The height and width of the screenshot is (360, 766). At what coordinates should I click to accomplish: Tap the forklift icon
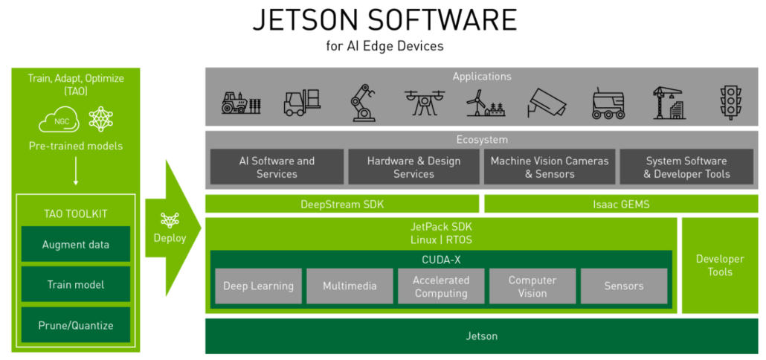[302, 103]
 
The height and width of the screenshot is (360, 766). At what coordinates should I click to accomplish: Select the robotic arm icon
[362, 103]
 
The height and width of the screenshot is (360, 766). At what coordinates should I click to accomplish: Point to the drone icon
[422, 103]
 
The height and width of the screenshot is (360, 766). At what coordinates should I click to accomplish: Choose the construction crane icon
[667, 103]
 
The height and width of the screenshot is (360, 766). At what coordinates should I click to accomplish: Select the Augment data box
[75, 245]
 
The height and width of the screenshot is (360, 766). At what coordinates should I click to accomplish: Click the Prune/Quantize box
[75, 325]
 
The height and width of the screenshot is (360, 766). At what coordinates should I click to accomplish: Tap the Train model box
[75, 285]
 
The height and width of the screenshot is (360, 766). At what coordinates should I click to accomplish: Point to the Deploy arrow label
[170, 238]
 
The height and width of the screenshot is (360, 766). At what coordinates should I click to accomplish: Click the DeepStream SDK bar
[342, 204]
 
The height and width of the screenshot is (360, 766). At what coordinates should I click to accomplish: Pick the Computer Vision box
[532, 286]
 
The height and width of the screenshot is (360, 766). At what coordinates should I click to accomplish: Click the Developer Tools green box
[719, 266]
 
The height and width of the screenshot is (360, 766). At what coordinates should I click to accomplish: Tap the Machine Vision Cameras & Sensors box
[550, 167]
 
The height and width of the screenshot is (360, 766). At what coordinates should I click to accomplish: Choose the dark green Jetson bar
[481, 336]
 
